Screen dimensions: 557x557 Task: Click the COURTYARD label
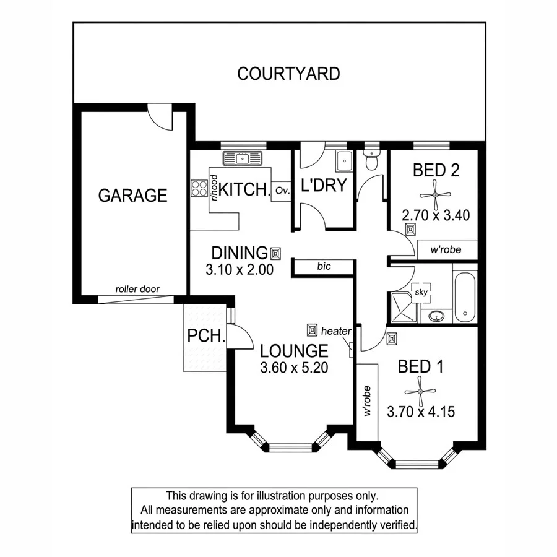point(288,74)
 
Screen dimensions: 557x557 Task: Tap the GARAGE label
point(132,196)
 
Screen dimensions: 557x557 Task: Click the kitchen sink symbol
point(243,158)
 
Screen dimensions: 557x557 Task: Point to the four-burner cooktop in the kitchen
point(199,188)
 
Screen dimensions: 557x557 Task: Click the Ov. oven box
point(283,190)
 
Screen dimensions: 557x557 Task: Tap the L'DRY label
point(323,186)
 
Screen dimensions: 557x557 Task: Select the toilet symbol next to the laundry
point(371,160)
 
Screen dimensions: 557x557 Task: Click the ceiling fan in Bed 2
point(436,195)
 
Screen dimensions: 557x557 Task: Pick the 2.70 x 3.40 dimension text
point(436,215)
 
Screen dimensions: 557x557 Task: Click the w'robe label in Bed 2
point(447,250)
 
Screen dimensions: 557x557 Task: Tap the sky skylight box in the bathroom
point(420,291)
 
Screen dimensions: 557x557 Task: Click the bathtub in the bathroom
point(464,297)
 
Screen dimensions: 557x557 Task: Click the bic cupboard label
point(324,266)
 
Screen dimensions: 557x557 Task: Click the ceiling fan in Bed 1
point(420,391)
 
